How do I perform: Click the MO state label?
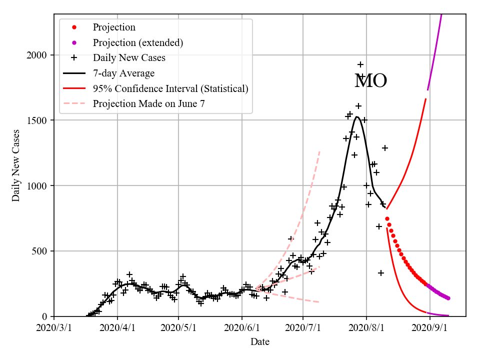coord(370,81)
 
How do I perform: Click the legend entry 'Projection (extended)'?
coord(137,42)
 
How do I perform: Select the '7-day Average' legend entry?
coord(123,73)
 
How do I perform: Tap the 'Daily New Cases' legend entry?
coord(129,58)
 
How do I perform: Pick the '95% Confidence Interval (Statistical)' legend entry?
coord(170,89)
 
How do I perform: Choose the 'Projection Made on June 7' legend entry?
coord(148,104)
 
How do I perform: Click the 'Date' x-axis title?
coord(260,342)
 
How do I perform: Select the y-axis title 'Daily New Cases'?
coord(16,165)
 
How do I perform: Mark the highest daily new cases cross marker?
coord(360,64)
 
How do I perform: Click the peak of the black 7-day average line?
coord(357,117)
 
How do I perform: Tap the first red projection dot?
coord(387,218)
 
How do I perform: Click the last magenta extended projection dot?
coord(448,298)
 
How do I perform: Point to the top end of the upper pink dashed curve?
coord(319,150)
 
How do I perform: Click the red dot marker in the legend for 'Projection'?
coord(74,27)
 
